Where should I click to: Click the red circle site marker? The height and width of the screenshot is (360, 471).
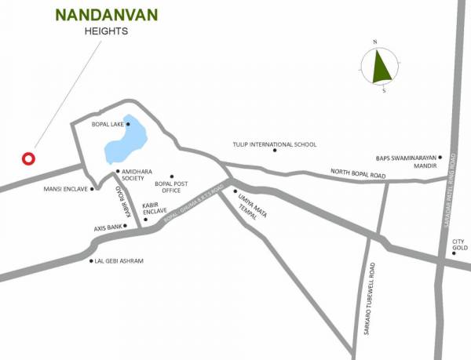tap(29, 158)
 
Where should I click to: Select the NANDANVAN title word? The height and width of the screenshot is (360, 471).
tap(107, 15)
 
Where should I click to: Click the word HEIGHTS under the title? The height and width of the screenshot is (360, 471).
tap(106, 32)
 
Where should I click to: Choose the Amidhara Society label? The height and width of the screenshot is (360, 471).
tap(133, 175)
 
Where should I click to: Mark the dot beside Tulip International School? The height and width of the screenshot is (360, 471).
tap(275, 151)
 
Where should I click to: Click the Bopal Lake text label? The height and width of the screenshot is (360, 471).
tap(106, 124)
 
